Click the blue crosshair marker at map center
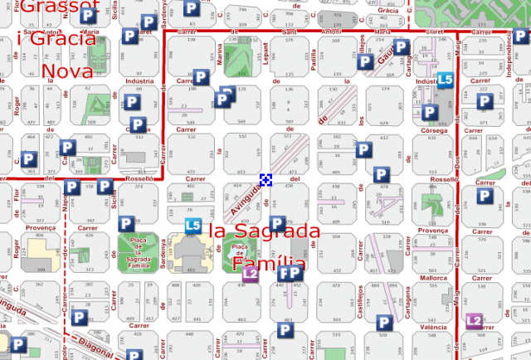266,180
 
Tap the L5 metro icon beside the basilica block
192,226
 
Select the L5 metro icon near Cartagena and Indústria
446,80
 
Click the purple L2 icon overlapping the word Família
251,272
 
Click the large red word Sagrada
264,231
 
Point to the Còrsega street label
433,130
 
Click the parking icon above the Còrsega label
430,112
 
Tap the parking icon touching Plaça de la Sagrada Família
126,224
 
